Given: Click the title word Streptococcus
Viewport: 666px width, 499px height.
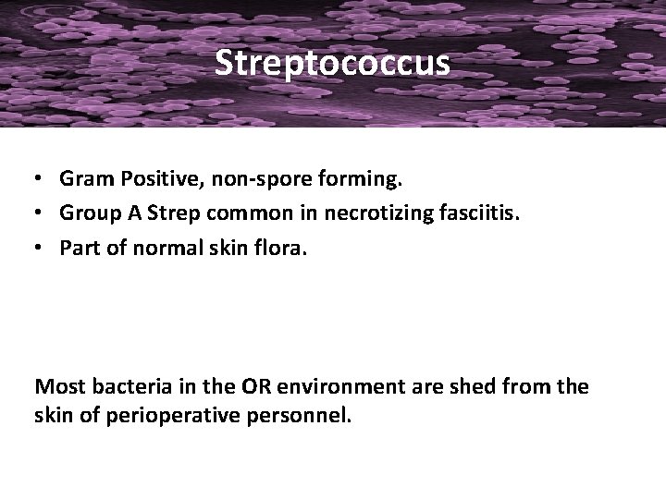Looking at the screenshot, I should tap(332, 63).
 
